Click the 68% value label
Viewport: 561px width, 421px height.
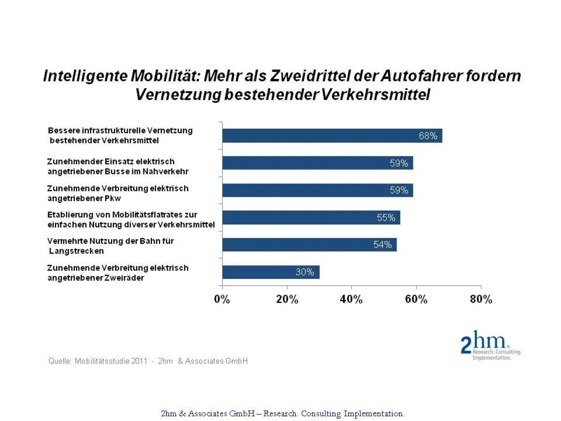pyautogui.click(x=428, y=136)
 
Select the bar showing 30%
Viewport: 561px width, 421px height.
pyautogui.click(x=271, y=272)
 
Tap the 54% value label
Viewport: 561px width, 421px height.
pyautogui.click(x=382, y=245)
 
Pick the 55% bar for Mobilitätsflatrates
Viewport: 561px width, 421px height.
pyautogui.click(x=311, y=218)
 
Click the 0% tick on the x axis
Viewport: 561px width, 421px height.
pyautogui.click(x=222, y=299)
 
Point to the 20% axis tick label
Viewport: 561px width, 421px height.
pyautogui.click(x=287, y=299)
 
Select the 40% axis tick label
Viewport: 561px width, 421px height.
pyautogui.click(x=352, y=299)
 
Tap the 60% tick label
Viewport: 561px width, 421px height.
pyautogui.click(x=416, y=299)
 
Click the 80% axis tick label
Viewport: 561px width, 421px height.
pyautogui.click(x=481, y=299)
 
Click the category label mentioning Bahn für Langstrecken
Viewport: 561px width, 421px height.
pyautogui.click(x=110, y=246)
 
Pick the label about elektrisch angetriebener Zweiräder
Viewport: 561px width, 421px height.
pyautogui.click(x=118, y=273)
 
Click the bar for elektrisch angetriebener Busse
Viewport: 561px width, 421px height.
pyautogui.click(x=317, y=163)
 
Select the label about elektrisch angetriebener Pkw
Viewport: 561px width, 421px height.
pyautogui.click(x=118, y=193)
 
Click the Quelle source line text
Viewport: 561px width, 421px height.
pyautogui.click(x=148, y=361)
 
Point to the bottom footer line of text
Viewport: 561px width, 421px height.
pyautogui.click(x=282, y=414)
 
